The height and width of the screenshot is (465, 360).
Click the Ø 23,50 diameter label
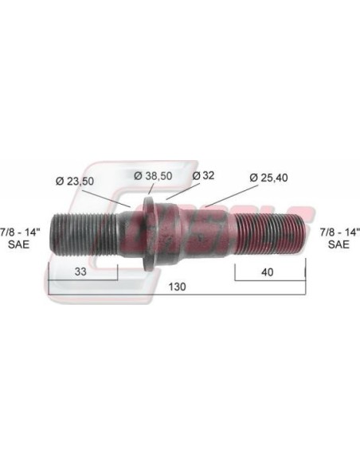[x=75, y=181]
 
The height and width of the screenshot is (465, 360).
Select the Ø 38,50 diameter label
[x=153, y=175]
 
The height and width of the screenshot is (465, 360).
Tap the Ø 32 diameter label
[x=203, y=175]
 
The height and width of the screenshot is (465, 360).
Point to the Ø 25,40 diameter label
[x=268, y=178]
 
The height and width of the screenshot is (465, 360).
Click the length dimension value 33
[x=80, y=272]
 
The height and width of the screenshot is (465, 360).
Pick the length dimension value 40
[x=268, y=272]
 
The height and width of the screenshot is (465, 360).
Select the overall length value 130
[x=178, y=287]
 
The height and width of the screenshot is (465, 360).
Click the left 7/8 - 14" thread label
[x=21, y=232]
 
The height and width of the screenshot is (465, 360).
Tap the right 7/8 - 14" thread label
[x=340, y=232]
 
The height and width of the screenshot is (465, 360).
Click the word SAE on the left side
[x=19, y=244]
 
